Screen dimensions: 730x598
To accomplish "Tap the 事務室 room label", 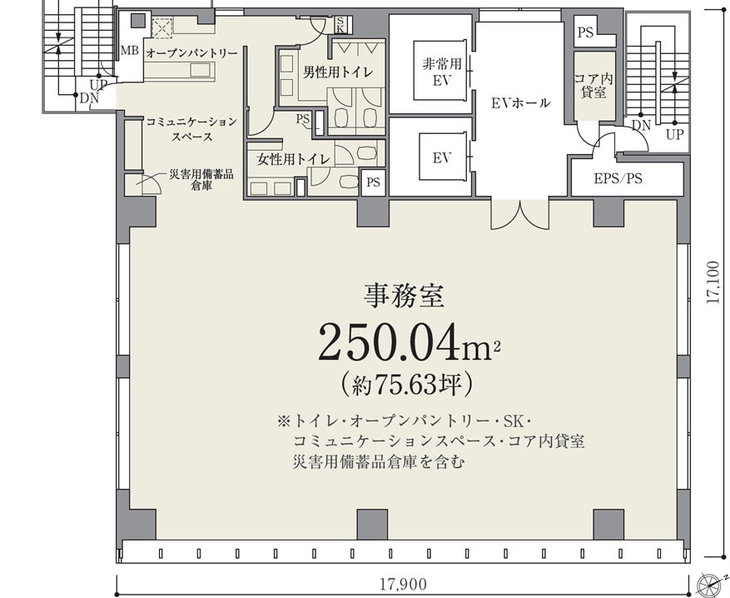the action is (404, 297).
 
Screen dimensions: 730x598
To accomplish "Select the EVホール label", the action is (520, 102).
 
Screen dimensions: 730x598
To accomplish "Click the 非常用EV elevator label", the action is (442, 72).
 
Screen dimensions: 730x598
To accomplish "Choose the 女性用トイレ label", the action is (293, 160).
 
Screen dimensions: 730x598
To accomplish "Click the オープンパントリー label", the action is (191, 53).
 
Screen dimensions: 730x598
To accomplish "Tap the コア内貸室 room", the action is (594, 85).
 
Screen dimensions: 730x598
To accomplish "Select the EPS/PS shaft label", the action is (618, 178).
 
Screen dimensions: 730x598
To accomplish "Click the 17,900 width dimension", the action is (403, 584).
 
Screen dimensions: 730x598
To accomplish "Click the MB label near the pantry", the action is (129, 50).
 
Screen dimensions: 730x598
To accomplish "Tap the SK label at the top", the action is (340, 24).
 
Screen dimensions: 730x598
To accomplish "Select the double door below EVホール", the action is (520, 214).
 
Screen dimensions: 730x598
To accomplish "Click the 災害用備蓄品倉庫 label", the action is (201, 180).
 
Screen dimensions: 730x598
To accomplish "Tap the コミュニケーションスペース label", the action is (191, 129).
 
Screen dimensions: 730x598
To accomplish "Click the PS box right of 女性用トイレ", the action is (374, 182).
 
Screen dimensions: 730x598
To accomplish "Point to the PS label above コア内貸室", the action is (586, 32).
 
